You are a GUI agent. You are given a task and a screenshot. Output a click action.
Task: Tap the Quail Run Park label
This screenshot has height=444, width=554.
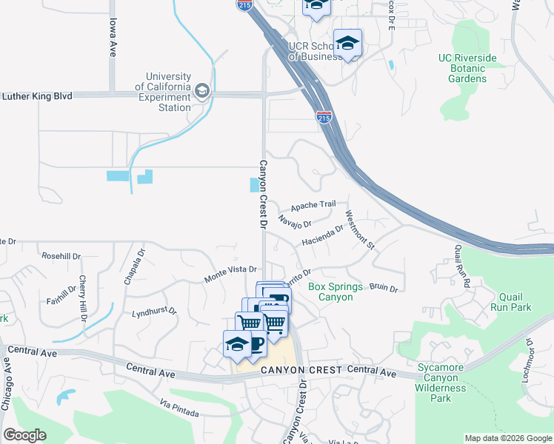[510, 300]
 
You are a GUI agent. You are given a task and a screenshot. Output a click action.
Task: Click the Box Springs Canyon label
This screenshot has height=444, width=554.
[336, 292]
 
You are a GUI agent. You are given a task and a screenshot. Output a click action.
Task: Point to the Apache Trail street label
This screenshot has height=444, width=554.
[313, 205]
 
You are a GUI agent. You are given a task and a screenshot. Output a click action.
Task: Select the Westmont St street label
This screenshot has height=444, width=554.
[361, 230]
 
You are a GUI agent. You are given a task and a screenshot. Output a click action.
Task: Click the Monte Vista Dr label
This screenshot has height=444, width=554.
[230, 275]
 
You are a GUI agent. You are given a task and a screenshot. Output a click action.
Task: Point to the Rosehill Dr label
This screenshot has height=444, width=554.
[61, 256]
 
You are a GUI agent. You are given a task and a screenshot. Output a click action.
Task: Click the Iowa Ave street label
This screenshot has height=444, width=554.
[113, 38]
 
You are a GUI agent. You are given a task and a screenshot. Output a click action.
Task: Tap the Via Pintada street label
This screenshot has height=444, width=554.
[179, 408]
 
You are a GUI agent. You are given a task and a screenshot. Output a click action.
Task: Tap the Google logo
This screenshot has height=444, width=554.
[25, 435]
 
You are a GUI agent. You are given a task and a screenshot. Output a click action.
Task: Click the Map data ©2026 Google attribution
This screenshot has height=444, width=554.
[507, 438]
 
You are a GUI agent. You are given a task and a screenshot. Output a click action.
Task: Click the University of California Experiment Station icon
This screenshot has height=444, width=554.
[201, 92]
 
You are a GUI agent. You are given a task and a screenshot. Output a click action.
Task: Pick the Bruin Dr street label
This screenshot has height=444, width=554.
[384, 287]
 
